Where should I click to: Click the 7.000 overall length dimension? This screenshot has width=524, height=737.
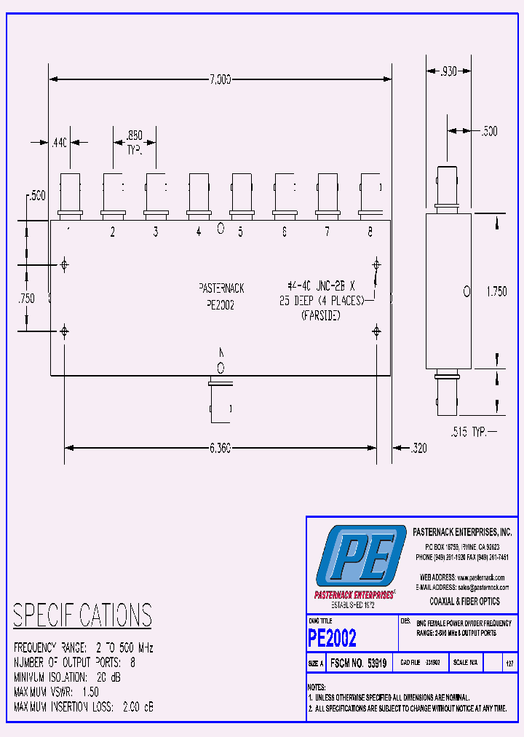219,79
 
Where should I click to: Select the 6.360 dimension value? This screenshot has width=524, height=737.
219,449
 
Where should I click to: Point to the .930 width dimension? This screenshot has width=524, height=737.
444,71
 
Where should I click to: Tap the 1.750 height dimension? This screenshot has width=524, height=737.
496,291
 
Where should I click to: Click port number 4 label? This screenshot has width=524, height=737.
198,232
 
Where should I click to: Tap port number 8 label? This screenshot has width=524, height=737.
370,232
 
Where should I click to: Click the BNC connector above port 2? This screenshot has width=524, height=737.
113,194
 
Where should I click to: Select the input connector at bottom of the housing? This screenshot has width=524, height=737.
220,401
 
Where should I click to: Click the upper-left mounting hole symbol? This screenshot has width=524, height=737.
65,264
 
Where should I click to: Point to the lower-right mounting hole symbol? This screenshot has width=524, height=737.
376,332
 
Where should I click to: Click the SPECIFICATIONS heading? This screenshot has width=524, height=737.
82,615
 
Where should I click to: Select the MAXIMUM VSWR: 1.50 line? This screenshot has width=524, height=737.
56,692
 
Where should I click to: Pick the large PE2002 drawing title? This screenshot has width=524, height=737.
333,638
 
